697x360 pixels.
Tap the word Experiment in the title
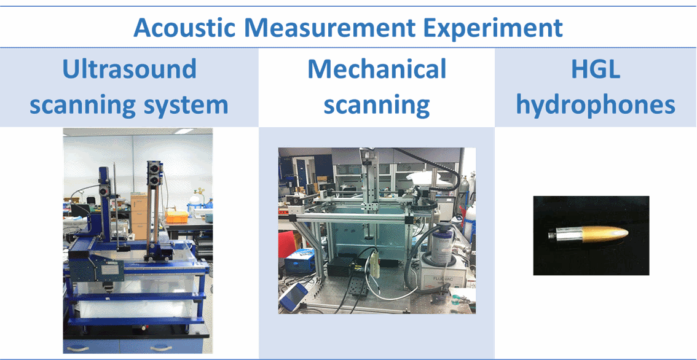(x=497, y=28)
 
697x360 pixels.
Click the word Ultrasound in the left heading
(x=129, y=69)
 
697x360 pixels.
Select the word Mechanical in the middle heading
(x=377, y=69)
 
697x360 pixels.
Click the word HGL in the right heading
(x=595, y=69)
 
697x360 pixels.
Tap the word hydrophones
(x=595, y=105)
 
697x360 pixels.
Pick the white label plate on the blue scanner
(x=108, y=266)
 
